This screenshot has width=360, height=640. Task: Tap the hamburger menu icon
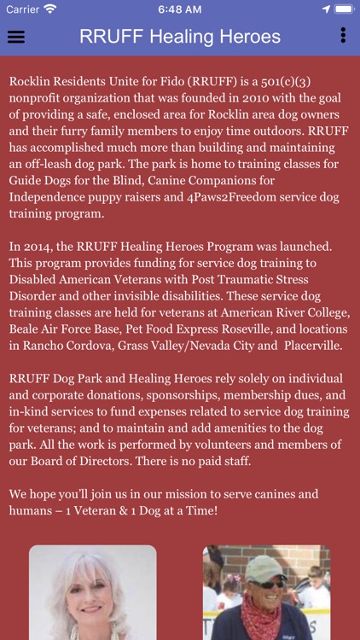pyautogui.click(x=15, y=37)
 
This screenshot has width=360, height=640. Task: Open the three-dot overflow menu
pyautogui.click(x=343, y=35)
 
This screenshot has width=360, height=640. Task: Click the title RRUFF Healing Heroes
pyautogui.click(x=180, y=37)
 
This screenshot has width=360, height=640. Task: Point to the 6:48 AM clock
pyautogui.click(x=180, y=9)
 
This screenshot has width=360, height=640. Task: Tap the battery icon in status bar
pyautogui.click(x=344, y=9)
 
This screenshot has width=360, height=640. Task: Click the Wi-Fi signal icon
pyautogui.click(x=50, y=9)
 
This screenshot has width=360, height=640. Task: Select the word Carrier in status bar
pyautogui.click(x=23, y=9)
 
